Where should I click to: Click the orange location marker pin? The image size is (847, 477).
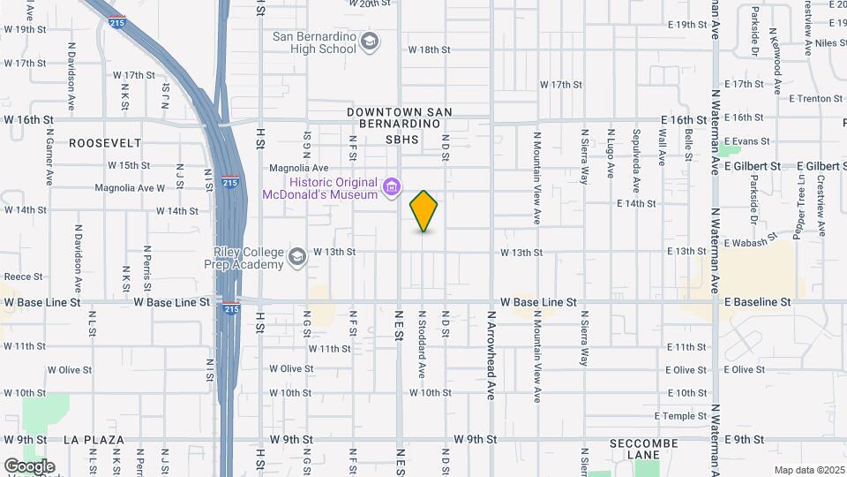click(x=423, y=211)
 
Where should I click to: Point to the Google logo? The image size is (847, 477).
click(x=29, y=466)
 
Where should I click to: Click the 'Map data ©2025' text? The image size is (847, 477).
click(x=808, y=470)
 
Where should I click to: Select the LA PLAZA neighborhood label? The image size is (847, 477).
click(x=93, y=439)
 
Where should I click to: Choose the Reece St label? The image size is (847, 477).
click(x=23, y=276)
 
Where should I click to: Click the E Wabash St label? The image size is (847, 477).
click(x=750, y=240)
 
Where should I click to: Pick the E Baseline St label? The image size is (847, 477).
click(x=757, y=302)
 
